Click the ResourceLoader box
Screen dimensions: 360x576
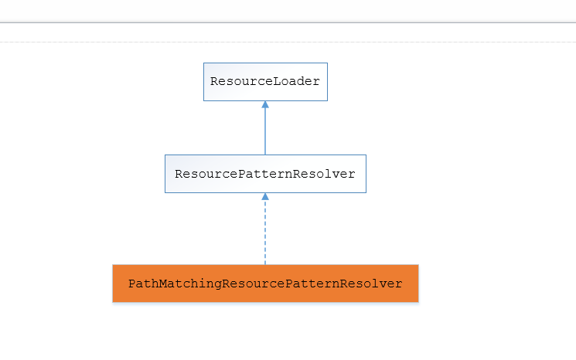(x=265, y=82)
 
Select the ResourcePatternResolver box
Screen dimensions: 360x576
(x=265, y=174)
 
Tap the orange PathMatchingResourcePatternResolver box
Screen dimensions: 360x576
(x=265, y=284)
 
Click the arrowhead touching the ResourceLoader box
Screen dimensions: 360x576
(x=265, y=104)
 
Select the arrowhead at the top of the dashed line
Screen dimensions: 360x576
(x=265, y=196)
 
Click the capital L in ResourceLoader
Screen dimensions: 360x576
(x=276, y=82)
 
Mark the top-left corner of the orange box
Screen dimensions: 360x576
(x=114, y=266)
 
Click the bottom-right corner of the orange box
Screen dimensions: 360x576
(x=418, y=301)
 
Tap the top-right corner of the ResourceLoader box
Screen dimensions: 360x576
(x=327, y=63)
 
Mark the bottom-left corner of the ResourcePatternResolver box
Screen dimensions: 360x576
(x=165, y=192)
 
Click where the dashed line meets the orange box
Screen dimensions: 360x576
(x=265, y=264)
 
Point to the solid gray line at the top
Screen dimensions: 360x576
(x=288, y=22)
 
